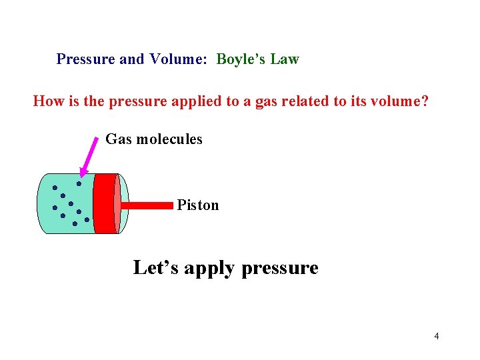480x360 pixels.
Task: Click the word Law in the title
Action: pyautogui.click(x=285, y=59)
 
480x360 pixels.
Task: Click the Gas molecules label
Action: pyautogui.click(x=154, y=139)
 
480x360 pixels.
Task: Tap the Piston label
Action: pyautogui.click(x=198, y=205)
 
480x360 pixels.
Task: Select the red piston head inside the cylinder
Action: pyautogui.click(x=105, y=203)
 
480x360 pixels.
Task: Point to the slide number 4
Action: pyautogui.click(x=437, y=336)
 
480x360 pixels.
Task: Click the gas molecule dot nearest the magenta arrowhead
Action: pyautogui.click(x=79, y=183)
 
